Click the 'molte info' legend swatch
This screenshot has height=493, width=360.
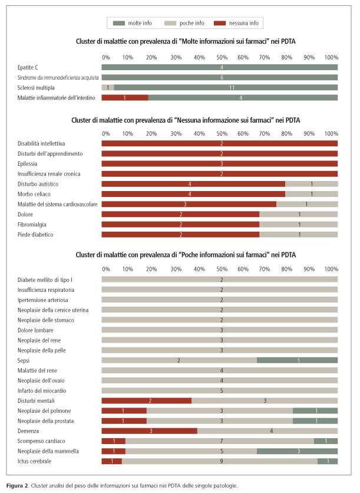click(x=119, y=23)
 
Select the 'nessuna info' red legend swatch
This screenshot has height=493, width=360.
click(x=220, y=23)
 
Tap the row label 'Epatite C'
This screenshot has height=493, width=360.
click(x=28, y=68)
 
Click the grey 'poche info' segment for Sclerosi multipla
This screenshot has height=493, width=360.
click(x=108, y=88)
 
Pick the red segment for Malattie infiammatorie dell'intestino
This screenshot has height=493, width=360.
click(x=125, y=98)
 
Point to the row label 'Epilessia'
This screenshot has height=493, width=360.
click(x=27, y=164)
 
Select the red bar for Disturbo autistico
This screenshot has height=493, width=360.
click(x=193, y=184)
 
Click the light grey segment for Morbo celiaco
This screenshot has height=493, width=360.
click(x=311, y=194)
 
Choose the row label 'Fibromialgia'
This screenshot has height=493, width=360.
click(x=32, y=225)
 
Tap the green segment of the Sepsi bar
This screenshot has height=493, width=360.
click(x=297, y=360)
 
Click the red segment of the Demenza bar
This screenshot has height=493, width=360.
click(x=149, y=430)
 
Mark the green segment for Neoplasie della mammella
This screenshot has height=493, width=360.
click(x=297, y=451)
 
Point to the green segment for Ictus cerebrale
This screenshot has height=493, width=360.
click(x=328, y=461)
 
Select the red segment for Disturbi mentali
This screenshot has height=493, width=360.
click(x=146, y=400)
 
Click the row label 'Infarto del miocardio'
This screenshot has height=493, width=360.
click(x=42, y=391)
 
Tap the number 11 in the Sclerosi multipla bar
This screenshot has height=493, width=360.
click(x=232, y=88)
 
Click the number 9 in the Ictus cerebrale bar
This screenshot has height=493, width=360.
click(x=222, y=461)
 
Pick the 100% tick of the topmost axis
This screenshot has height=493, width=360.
click(x=331, y=58)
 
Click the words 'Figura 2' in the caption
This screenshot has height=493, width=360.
click(x=18, y=486)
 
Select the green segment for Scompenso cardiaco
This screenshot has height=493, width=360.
click(x=326, y=441)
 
